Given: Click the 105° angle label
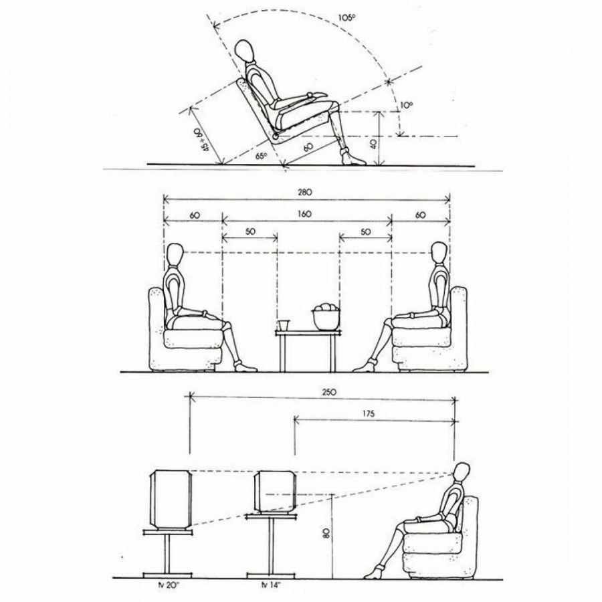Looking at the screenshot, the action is tap(347, 17).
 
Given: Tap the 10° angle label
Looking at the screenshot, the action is tap(407, 105).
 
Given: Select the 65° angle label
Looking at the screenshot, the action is tap(262, 157).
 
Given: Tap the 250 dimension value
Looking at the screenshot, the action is tap(329, 392).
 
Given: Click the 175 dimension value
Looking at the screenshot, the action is tap(368, 414).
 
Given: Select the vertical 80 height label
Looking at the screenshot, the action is tap(326, 533).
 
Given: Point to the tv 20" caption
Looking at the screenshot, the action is tap(167, 586).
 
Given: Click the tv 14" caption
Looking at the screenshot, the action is tap(271, 586).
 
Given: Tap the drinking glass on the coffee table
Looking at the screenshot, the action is tap(284, 325).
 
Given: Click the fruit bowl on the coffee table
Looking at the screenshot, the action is tap(326, 316).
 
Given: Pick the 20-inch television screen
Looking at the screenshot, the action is tap(170, 498).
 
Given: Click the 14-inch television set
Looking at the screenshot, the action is tap(276, 492).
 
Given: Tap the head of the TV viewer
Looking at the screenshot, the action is tap(462, 473).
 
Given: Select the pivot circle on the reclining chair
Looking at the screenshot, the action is tap(276, 136).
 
